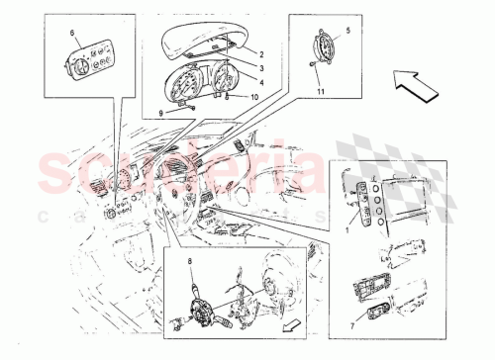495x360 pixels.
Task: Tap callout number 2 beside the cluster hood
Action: [262, 52]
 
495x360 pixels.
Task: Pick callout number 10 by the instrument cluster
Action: [254, 97]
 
